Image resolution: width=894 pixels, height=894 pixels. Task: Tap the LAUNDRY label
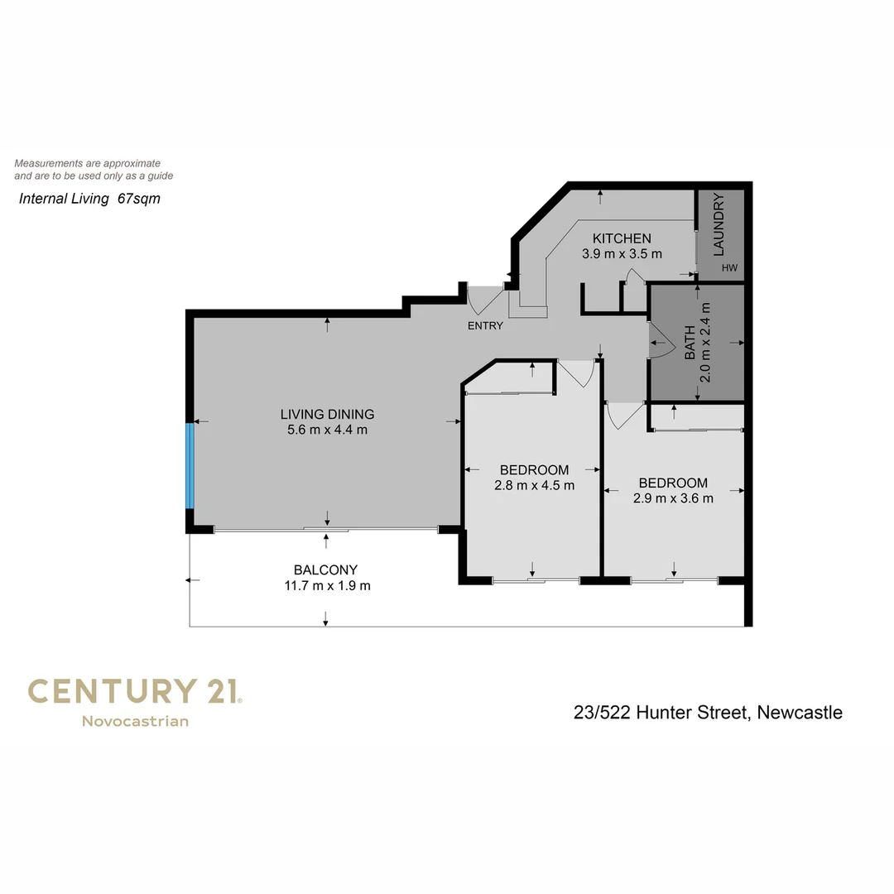[719, 224]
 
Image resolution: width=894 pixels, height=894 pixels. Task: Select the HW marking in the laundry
[728, 268]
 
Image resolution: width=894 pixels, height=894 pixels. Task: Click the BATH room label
[690, 342]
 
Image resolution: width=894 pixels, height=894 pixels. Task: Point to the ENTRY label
[485, 325]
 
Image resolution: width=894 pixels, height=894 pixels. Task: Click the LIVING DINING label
[327, 414]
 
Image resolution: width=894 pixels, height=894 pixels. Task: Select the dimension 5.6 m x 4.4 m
[327, 430]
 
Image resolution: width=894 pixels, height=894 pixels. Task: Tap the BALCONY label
[325, 570]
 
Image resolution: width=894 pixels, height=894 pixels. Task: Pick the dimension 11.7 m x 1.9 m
[325, 585]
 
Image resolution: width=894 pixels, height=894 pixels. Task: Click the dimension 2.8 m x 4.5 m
[534, 485]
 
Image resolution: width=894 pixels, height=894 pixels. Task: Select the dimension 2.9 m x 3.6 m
[673, 498]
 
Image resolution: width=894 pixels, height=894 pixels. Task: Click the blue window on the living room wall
[190, 466]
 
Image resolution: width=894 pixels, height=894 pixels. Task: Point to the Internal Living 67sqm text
[89, 199]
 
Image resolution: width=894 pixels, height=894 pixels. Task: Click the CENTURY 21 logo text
[135, 691]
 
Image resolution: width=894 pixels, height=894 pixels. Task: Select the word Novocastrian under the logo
[135, 721]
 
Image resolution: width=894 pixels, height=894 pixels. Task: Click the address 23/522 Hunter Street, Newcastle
[708, 712]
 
